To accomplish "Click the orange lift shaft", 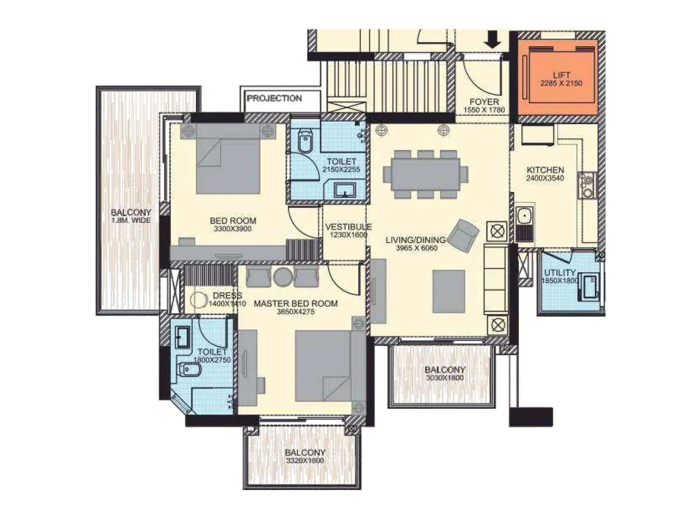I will tap(561, 78).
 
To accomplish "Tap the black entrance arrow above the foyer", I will tap(492, 40).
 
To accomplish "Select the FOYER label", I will tap(484, 102).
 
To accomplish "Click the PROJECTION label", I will tap(274, 98).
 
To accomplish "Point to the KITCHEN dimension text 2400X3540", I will tap(545, 178).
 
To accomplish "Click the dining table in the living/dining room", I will tap(425, 174).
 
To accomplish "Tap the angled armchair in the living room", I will tap(464, 235).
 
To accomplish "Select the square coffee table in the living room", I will tap(448, 291).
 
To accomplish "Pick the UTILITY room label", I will tap(559, 273).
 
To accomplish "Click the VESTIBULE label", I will tap(348, 227).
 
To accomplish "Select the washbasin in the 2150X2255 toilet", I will tap(345, 190).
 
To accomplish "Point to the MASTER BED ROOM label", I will tap(295, 304).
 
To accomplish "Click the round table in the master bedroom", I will tap(283, 277).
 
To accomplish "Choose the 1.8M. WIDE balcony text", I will tap(131, 221).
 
